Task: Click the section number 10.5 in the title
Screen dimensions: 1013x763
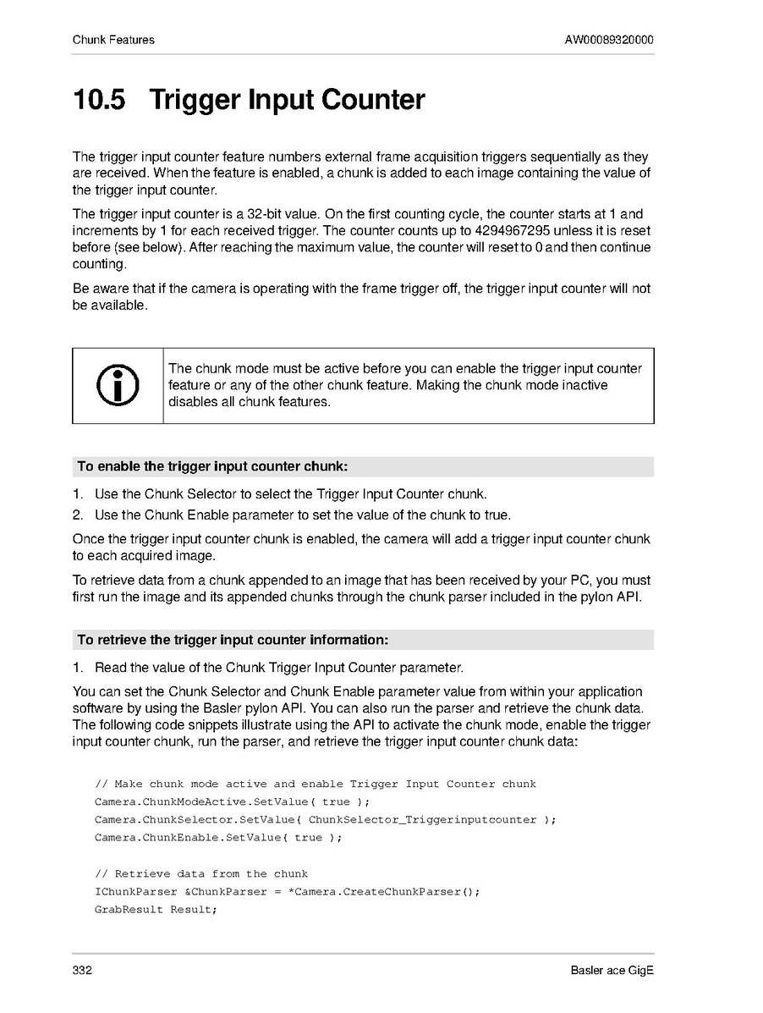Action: [99, 100]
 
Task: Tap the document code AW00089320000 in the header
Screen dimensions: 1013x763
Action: [609, 40]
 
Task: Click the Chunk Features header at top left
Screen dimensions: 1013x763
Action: [113, 40]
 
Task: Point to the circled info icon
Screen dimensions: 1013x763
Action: [118, 385]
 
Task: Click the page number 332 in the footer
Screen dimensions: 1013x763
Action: [82, 970]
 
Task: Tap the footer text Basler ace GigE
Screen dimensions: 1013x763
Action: [612, 970]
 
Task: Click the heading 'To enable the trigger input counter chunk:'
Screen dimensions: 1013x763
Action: [212, 466]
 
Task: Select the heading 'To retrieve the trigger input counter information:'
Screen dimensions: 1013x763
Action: [233, 639]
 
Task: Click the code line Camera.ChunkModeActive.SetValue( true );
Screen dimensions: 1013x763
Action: [233, 801]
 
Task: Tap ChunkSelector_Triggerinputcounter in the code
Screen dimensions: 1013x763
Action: [422, 819]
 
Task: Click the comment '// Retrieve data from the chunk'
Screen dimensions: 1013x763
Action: [201, 873]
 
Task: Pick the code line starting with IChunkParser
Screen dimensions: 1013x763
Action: [288, 892]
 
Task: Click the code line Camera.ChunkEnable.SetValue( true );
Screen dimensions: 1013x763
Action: [218, 838]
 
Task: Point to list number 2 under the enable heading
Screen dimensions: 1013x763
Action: [77, 515]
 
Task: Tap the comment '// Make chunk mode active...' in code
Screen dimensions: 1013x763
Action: [316, 784]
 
